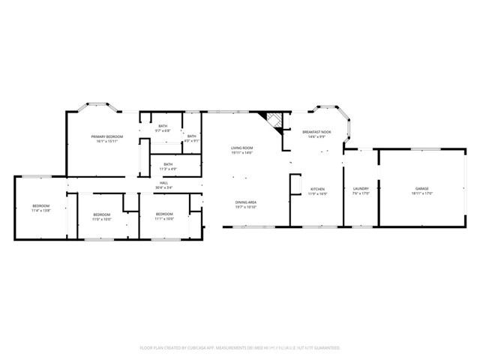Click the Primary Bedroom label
[106, 136]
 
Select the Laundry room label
[360, 188]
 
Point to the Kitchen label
[317, 188]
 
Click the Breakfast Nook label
[316, 131]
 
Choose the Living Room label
[241, 148]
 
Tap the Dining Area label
[246, 202]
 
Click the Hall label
[163, 182]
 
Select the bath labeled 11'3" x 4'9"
[168, 168]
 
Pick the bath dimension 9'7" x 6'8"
[163, 130]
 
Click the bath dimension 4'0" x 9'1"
[192, 140]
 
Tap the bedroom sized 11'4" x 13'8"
[40, 211]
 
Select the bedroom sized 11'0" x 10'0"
[101, 219]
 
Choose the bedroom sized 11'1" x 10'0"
[164, 219]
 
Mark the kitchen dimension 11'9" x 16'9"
[317, 193]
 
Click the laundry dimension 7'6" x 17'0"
[360, 193]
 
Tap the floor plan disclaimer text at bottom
[240, 348]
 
